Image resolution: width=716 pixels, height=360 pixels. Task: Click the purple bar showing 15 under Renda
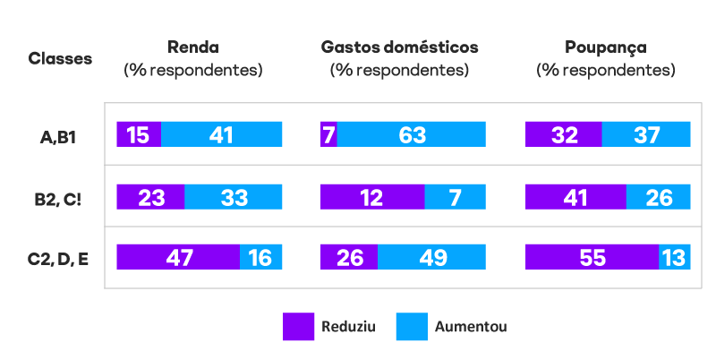point(139,134)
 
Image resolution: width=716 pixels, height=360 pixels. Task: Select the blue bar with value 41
point(222,134)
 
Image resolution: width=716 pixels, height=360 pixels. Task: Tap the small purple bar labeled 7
point(328,134)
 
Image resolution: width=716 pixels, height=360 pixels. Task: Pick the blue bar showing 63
point(412,134)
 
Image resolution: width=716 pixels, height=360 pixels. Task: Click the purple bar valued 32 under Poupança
point(563,134)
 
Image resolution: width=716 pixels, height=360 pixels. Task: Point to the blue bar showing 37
point(646,134)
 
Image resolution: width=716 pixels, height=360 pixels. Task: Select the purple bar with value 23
point(150,196)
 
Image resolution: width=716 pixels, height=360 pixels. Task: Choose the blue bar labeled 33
point(234,196)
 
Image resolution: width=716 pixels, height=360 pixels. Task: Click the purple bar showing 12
point(372,196)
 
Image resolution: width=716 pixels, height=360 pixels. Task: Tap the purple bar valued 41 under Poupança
point(575,196)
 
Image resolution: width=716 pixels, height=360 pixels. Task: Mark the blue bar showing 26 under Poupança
point(659,196)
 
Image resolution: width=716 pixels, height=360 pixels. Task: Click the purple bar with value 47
point(178,257)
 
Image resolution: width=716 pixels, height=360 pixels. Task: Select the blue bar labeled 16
point(261,257)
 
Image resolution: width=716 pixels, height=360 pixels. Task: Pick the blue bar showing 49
point(431,257)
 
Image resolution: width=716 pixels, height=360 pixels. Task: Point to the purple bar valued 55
point(592,257)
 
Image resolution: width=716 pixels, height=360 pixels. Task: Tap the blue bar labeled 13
point(675,257)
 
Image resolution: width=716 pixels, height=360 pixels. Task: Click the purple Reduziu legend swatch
point(298,327)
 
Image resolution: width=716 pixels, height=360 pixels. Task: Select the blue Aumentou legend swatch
point(411,327)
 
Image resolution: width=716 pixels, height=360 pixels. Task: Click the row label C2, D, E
point(58,260)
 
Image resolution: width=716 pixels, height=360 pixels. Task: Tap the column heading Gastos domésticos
point(399,47)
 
